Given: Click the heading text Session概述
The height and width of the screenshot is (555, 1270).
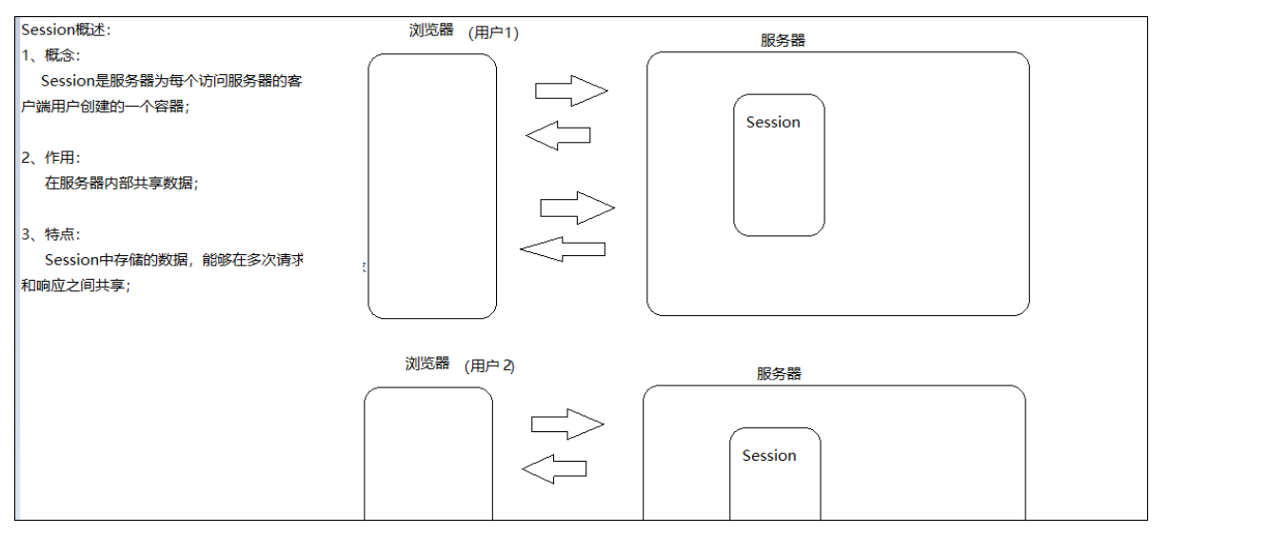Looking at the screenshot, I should tap(66, 30).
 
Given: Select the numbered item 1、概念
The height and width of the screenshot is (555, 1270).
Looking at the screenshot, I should tap(50, 55).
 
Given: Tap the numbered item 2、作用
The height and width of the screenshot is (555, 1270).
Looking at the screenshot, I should tap(50, 158).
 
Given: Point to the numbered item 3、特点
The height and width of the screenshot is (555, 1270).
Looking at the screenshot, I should tap(50, 234).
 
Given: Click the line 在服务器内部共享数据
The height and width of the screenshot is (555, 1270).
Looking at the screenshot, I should tap(121, 184).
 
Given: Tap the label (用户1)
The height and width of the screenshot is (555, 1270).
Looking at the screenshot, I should tap(493, 32).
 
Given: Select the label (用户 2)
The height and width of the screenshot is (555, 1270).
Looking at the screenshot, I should tap(489, 366).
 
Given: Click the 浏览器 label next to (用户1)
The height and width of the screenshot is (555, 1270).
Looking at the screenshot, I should tap(431, 30).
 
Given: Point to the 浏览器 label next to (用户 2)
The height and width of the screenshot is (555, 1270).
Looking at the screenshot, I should tap(427, 364).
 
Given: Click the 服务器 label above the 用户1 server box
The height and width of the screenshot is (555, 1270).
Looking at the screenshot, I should tap(783, 40).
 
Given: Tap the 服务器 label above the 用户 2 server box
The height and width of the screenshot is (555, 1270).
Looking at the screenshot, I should tap(779, 373).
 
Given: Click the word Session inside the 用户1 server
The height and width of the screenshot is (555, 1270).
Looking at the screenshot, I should tap(773, 122).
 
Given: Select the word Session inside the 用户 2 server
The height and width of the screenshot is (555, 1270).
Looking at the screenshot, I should tap(769, 455).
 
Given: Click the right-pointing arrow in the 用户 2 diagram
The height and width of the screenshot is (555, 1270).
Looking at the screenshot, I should tap(567, 424).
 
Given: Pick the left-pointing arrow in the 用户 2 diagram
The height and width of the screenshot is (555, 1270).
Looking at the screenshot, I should tap(555, 468).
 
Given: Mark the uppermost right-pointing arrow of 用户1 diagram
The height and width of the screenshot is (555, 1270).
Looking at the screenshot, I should tap(571, 91).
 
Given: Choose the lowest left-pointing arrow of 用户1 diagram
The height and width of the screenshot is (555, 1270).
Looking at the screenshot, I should tap(563, 249).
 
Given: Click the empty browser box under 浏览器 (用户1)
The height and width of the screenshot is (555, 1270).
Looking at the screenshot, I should tap(432, 186).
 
